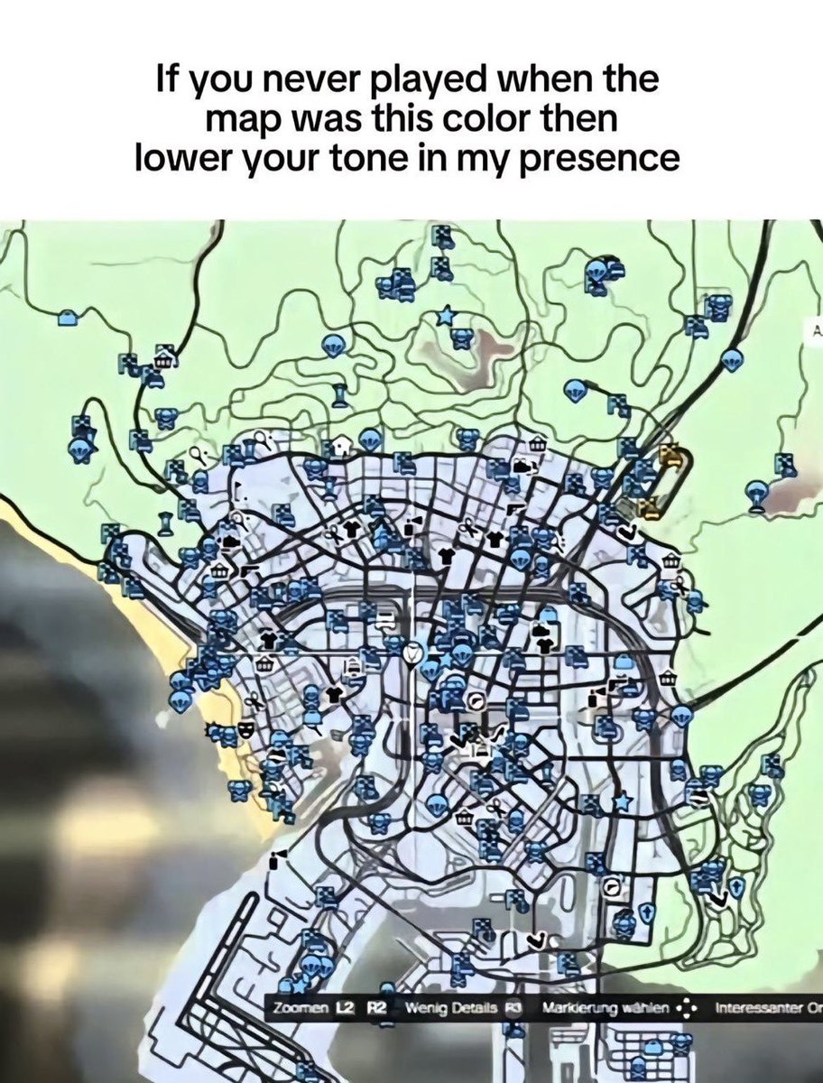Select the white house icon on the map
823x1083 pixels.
342,444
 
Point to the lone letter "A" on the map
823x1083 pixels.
818,331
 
